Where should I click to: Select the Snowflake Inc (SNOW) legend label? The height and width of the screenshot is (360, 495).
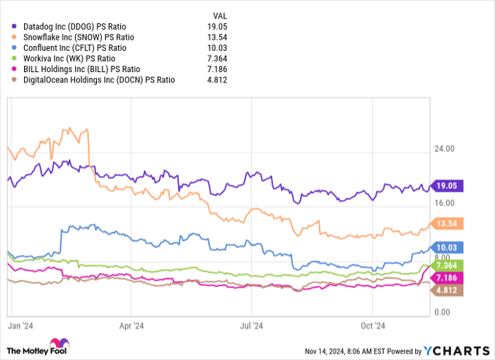coord(74,37)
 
